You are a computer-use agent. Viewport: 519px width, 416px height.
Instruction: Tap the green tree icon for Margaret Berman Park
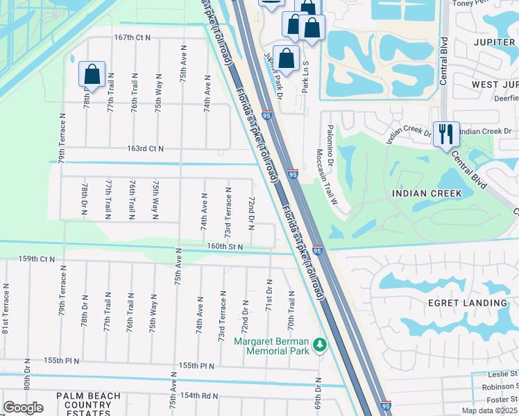(320, 345)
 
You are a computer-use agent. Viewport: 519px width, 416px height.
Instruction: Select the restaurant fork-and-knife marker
(445, 132)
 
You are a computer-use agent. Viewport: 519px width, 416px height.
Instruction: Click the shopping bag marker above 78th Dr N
(92, 73)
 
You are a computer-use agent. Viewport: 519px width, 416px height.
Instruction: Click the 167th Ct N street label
(133, 37)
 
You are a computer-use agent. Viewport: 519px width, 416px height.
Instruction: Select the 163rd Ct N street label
(145, 148)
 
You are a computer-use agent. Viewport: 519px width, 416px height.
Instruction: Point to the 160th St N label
(225, 246)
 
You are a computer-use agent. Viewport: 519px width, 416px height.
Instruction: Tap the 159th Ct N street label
(36, 259)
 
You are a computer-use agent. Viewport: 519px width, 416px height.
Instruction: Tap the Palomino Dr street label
(330, 146)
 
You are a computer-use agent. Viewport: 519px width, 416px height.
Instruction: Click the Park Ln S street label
(305, 76)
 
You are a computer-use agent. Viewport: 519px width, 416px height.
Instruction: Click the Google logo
(23, 408)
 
